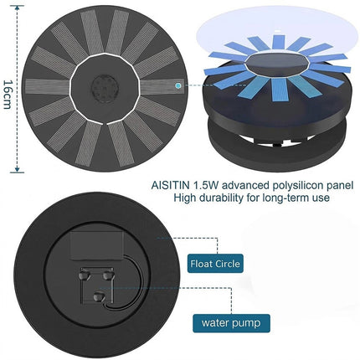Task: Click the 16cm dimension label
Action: click(8, 95)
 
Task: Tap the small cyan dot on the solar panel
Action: click(177, 85)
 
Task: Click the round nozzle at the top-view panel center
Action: click(105, 89)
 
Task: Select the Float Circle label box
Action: click(215, 264)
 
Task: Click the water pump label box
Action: click(231, 323)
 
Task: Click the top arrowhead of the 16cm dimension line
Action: click(18, 8)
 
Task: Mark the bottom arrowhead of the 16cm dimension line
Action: click(18, 170)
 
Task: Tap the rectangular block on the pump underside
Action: click(96, 245)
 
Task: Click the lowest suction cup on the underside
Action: click(99, 296)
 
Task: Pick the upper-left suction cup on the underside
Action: click(84, 275)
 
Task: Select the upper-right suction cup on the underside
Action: click(108, 275)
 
